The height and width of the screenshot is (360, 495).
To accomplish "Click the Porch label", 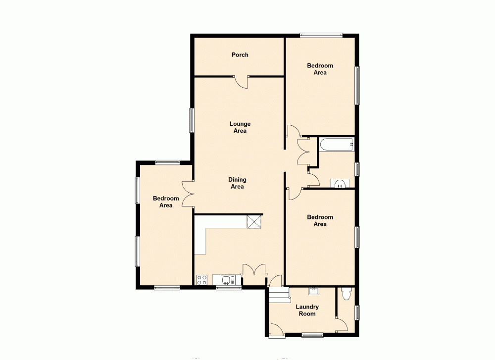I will tap(240, 55).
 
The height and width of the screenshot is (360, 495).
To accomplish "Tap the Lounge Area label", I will tap(240, 127).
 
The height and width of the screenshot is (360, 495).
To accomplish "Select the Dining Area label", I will tap(237, 183).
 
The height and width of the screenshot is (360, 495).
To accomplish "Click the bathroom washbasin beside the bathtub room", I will tap(340, 184).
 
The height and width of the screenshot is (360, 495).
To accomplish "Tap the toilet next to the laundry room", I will tap(346, 294).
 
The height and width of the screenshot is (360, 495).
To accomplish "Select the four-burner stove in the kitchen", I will tap(202, 280).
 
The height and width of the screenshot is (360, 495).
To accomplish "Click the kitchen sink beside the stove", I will tap(227, 280).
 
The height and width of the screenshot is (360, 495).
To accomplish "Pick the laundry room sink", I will tap(313, 290).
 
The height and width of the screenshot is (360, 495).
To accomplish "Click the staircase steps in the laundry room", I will tap(279, 296).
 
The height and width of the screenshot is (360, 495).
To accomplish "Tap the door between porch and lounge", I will tap(242, 82).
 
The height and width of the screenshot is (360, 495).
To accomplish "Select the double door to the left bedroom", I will tap(188, 193).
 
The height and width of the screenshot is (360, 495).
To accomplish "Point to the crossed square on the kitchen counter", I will tap(254, 222).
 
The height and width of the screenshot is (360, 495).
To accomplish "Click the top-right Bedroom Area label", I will tap(320, 69).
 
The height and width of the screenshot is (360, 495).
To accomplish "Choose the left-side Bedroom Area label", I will tap(165, 202).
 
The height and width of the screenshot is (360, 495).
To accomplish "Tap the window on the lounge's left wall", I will tap(191, 120).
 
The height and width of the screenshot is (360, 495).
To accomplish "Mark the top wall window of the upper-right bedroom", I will tap(321, 35).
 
